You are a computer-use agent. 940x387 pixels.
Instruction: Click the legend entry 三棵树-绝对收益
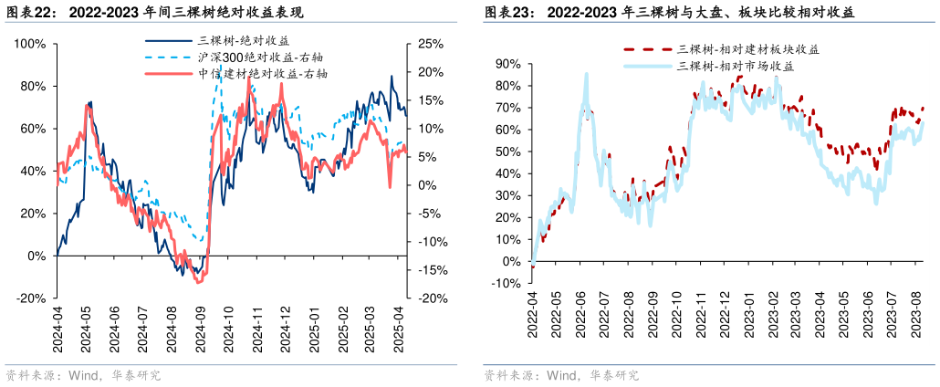tap(244, 40)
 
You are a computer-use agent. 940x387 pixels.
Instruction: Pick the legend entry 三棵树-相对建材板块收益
tap(747, 49)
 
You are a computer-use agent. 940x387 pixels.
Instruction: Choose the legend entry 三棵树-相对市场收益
tap(736, 66)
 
